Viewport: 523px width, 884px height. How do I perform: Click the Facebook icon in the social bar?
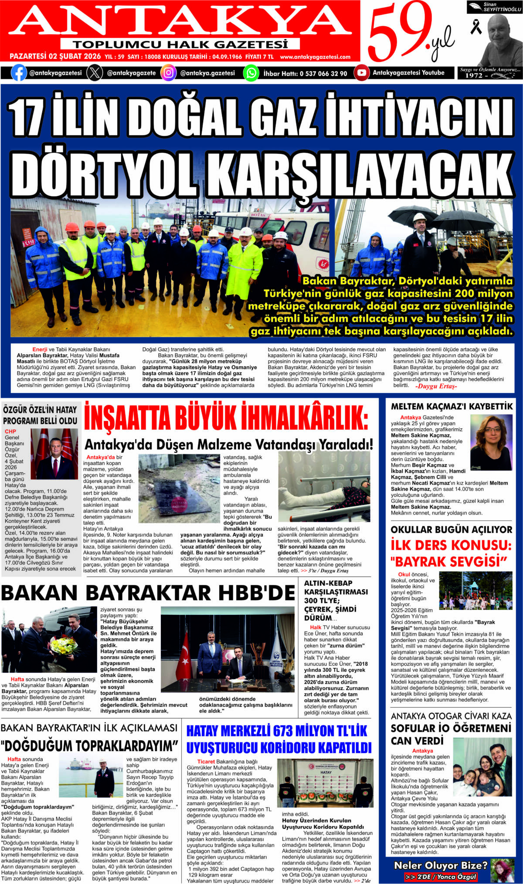(x=19, y=73)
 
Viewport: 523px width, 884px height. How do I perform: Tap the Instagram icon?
(x=168, y=73)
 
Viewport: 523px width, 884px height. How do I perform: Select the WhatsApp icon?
(x=251, y=73)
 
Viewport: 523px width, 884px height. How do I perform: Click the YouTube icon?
(x=361, y=73)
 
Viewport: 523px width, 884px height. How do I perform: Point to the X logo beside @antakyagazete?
(x=95, y=73)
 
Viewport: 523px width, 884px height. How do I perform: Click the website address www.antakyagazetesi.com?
(x=315, y=57)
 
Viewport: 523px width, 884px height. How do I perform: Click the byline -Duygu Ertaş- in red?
(x=436, y=386)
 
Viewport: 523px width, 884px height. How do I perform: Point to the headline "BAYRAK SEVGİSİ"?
(x=449, y=561)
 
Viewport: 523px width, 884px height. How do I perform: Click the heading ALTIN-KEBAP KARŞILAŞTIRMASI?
(x=336, y=587)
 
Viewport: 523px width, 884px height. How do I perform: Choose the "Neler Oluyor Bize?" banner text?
(x=440, y=865)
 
